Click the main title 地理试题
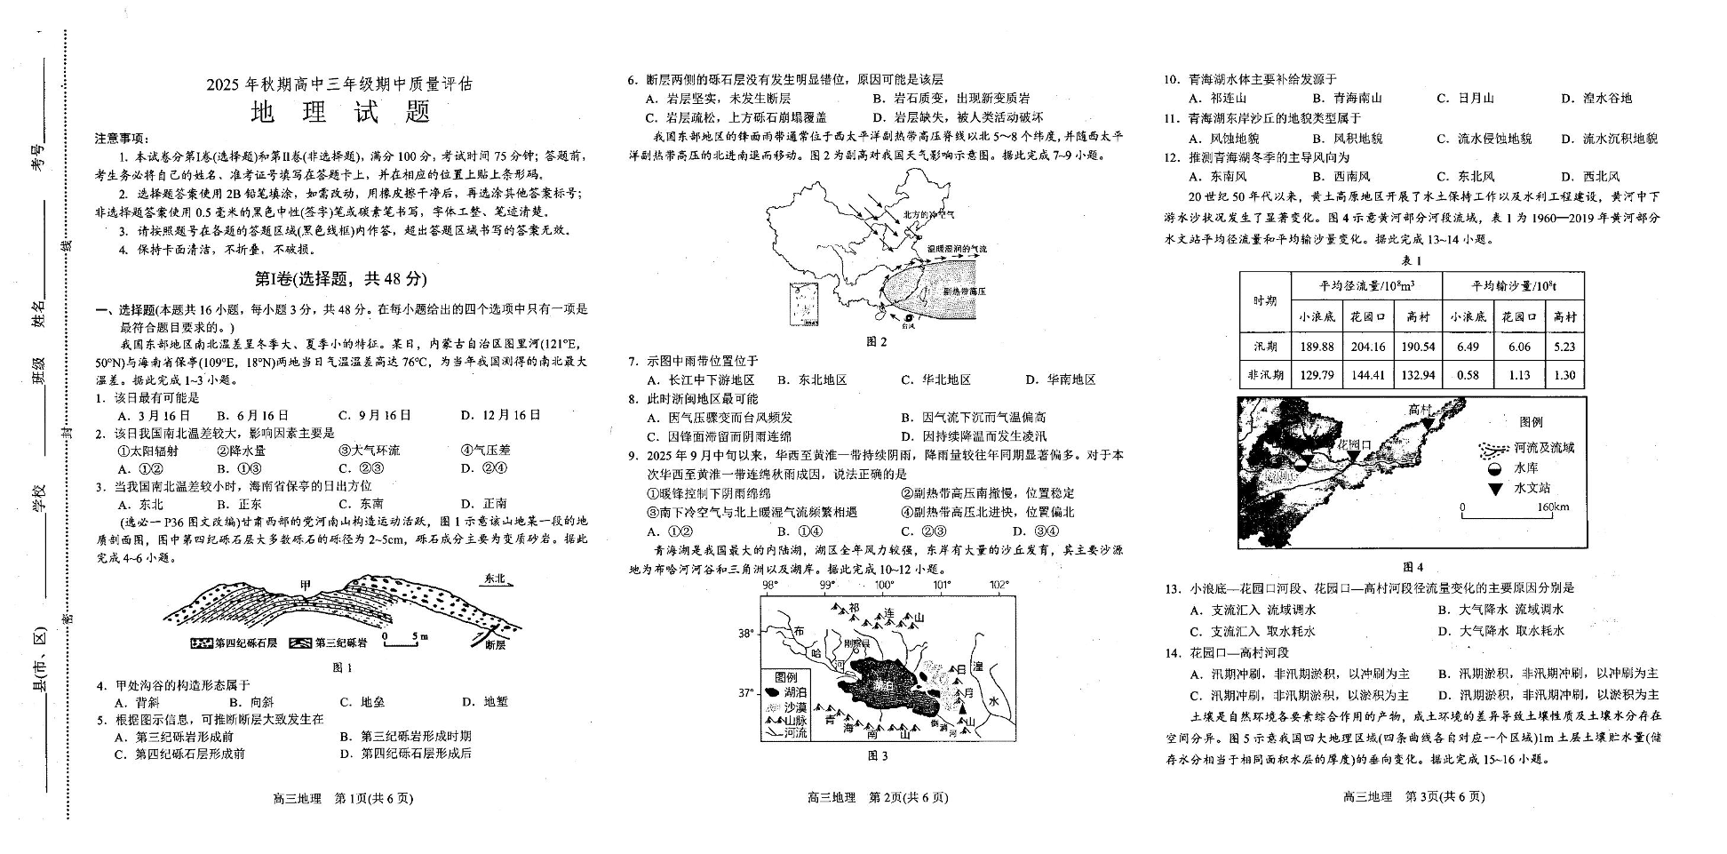click(340, 112)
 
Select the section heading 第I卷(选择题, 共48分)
click(340, 279)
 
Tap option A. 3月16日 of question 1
click(155, 415)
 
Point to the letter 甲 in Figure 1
click(306, 586)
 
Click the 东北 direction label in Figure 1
click(495, 579)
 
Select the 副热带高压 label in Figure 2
click(964, 291)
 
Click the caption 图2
click(876, 341)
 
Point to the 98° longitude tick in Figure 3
click(769, 585)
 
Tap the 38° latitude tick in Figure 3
click(746, 634)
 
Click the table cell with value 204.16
click(1367, 347)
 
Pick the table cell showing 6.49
click(1468, 347)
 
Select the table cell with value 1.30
click(1564, 375)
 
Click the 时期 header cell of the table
click(1265, 301)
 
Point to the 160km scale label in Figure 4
click(1553, 507)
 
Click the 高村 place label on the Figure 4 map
click(1421, 410)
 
